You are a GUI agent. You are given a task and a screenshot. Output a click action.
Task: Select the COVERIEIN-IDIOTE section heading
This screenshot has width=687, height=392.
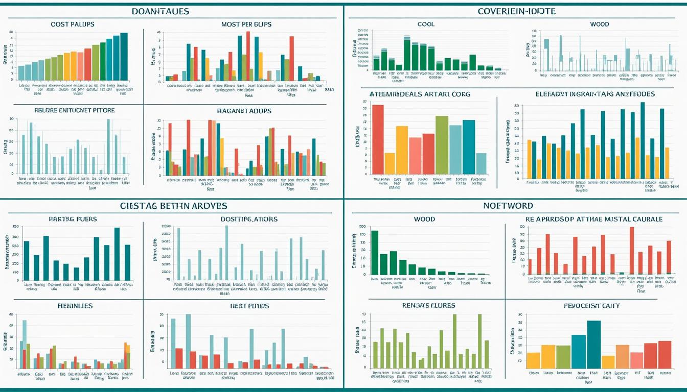516,11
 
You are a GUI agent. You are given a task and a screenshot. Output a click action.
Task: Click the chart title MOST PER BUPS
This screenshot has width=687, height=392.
246,24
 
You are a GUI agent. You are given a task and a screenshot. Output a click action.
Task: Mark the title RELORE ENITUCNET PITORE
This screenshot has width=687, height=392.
74,110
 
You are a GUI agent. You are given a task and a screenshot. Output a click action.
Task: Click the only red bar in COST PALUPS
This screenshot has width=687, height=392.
88,64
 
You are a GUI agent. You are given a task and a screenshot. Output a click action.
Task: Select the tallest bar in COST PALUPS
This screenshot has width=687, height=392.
124,56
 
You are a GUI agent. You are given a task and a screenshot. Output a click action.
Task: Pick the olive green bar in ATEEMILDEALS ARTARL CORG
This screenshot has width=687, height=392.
442,145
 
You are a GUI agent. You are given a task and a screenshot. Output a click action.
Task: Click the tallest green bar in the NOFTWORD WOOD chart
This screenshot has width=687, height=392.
375,253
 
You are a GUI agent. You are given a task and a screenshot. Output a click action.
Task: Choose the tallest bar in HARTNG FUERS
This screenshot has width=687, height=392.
117,254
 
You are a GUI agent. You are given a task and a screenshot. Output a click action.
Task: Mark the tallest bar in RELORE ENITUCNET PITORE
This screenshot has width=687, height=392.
108,146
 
